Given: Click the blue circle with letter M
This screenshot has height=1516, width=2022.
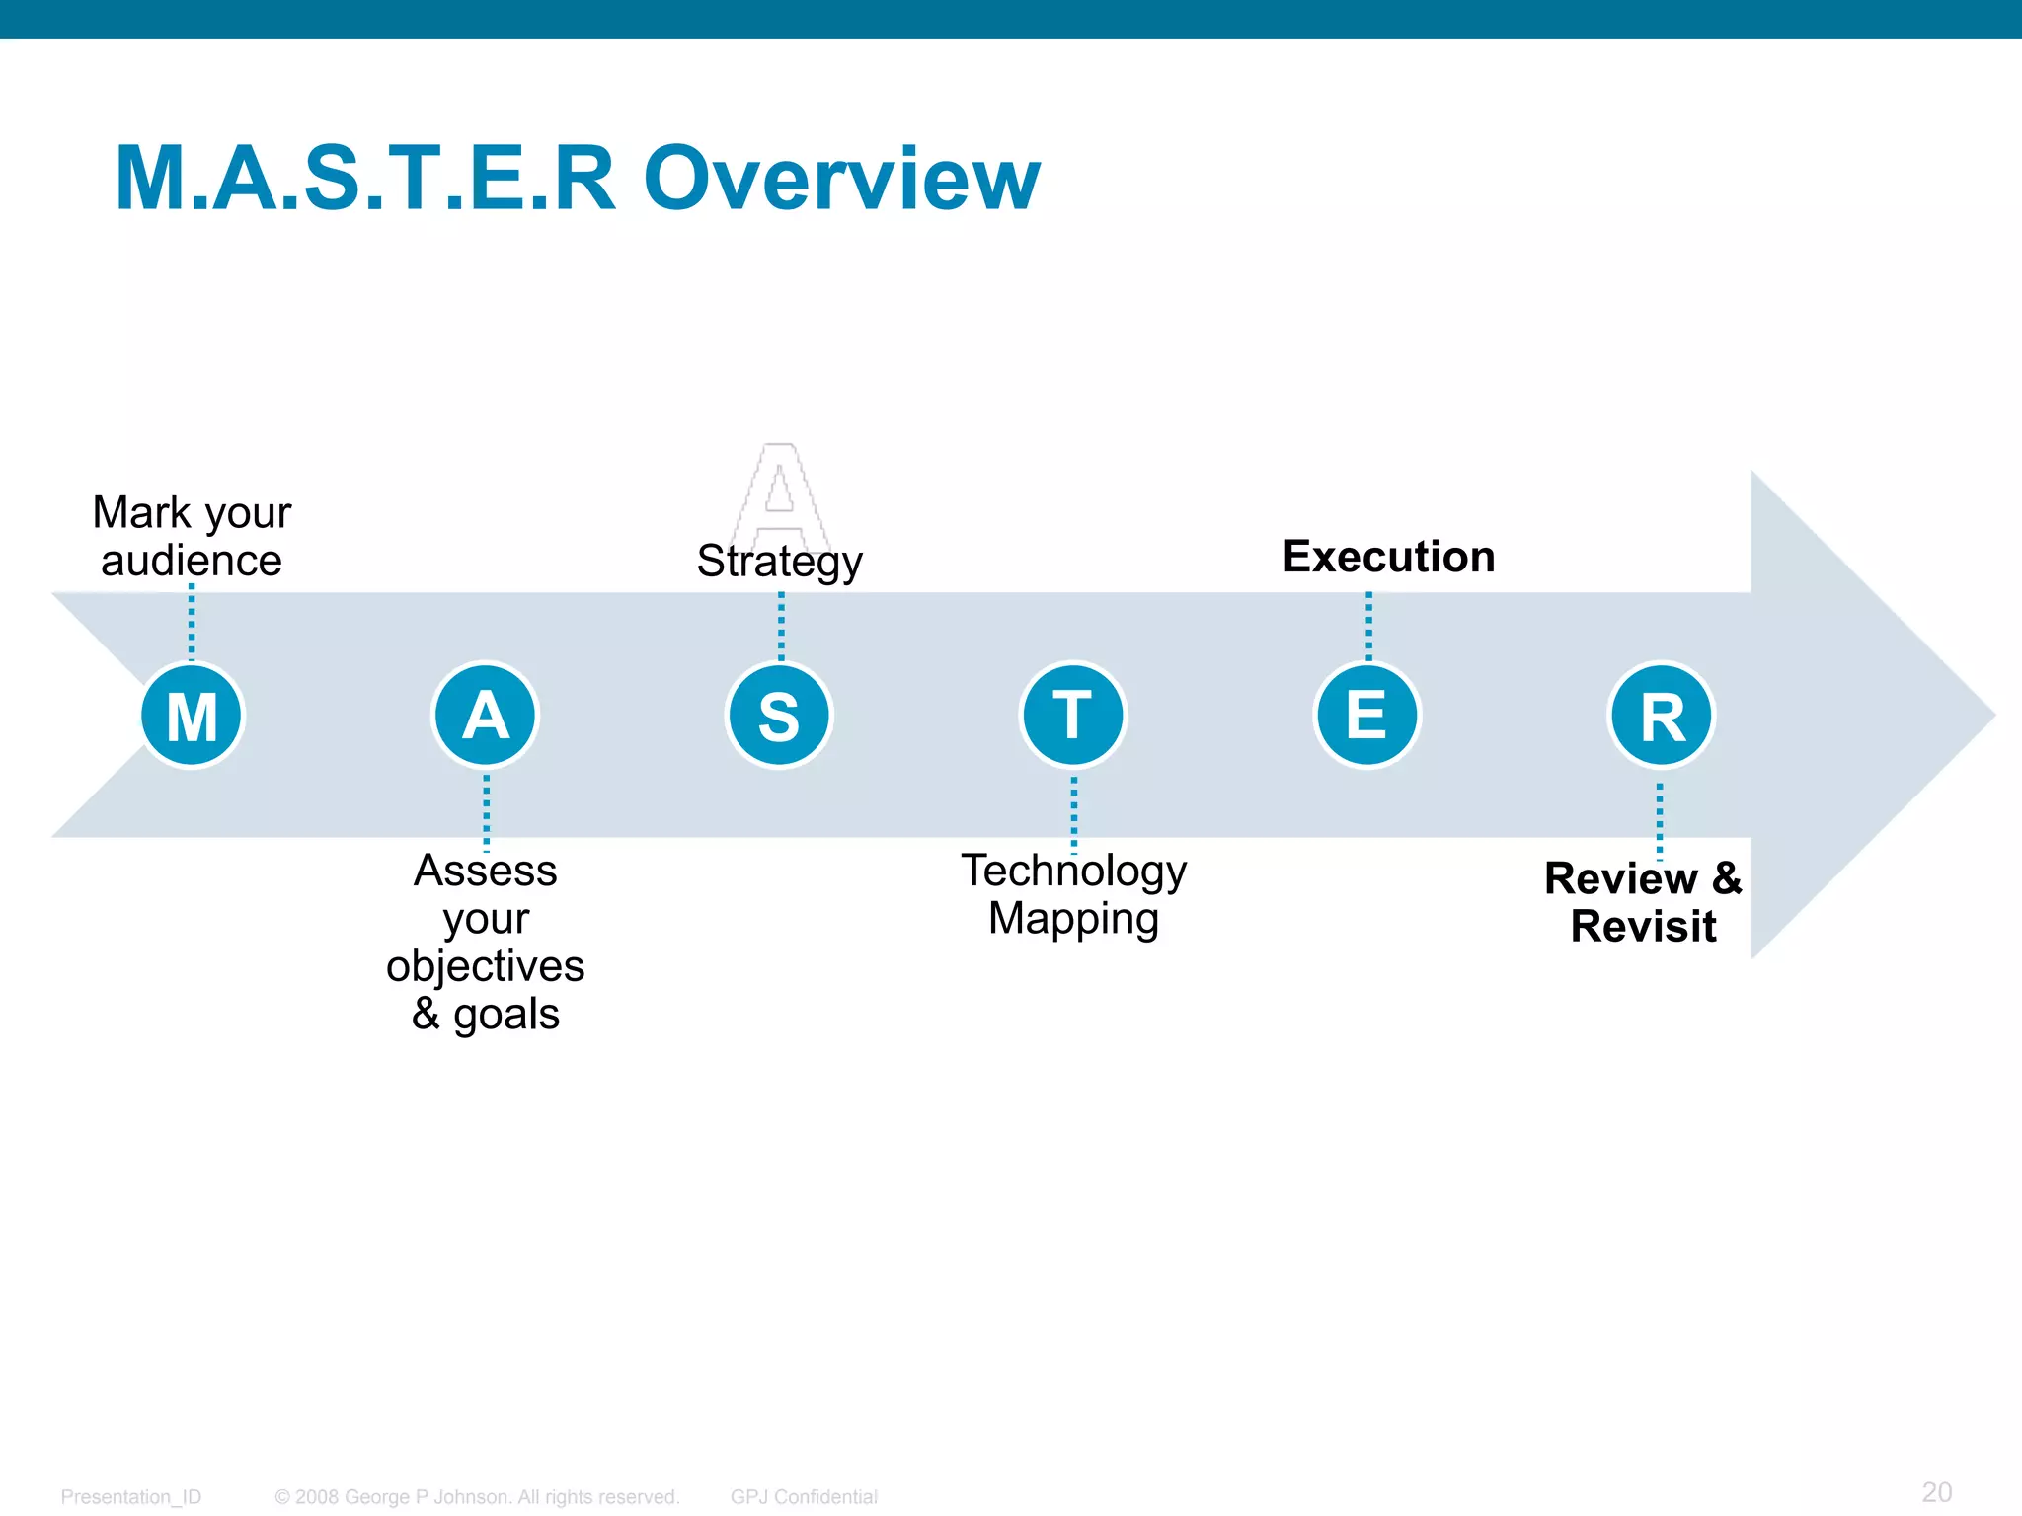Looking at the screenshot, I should pyautogui.click(x=192, y=715).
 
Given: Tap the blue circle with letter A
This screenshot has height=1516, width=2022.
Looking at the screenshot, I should pyautogui.click(x=485, y=715).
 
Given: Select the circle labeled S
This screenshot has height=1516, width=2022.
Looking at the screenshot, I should pyautogui.click(x=779, y=715).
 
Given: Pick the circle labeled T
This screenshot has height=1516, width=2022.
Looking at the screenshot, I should pyautogui.click(x=1073, y=715).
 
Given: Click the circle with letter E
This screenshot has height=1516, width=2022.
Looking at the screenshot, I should pyautogui.click(x=1367, y=715).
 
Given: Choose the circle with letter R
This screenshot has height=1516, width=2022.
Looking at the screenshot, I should pyautogui.click(x=1662, y=715).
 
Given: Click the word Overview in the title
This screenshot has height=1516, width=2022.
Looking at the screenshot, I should pyautogui.click(x=842, y=179).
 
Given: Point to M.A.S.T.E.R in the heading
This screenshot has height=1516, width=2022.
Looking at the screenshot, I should pyautogui.click(x=365, y=179).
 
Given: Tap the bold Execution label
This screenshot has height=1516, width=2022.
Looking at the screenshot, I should pyautogui.click(x=1388, y=557).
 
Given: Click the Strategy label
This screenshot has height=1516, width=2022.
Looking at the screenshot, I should pyautogui.click(x=779, y=562).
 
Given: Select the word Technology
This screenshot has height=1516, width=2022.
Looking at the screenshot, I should pyautogui.click(x=1073, y=871).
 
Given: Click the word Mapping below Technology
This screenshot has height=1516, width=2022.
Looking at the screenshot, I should pyautogui.click(x=1073, y=919).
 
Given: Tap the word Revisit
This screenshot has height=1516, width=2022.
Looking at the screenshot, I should pyautogui.click(x=1643, y=926).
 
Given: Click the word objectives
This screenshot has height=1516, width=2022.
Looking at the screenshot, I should pyautogui.click(x=485, y=966).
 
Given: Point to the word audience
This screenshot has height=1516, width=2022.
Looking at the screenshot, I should pyautogui.click(x=192, y=561).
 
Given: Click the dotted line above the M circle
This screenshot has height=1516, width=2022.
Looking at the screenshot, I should pyautogui.click(x=192, y=622).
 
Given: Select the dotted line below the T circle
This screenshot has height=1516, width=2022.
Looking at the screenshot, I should pyautogui.click(x=1074, y=813).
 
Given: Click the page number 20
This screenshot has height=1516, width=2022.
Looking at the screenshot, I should pyautogui.click(x=1936, y=1491).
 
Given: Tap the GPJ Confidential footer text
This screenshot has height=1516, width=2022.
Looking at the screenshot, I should pyautogui.click(x=804, y=1496).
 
